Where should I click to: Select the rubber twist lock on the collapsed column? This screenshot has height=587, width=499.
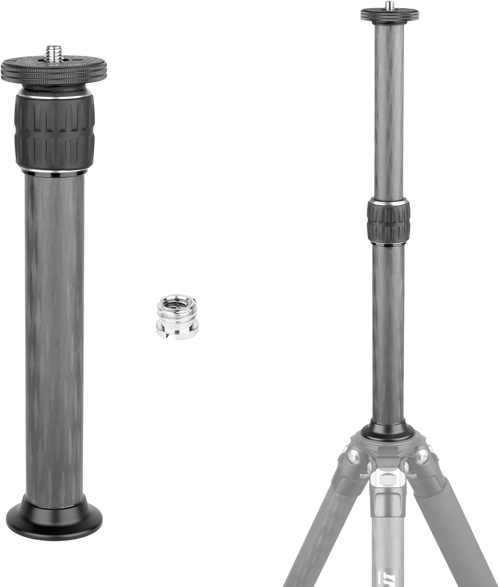[54, 131]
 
